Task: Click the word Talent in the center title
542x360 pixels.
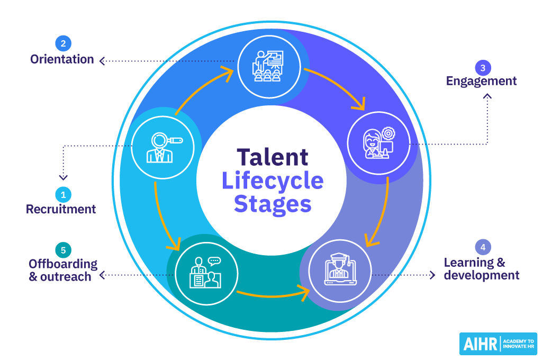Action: pyautogui.click(x=273, y=157)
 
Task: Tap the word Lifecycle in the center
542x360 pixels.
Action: pyautogui.click(x=273, y=181)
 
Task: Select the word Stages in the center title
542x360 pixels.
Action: pyautogui.click(x=273, y=203)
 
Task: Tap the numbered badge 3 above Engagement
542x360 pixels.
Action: pyautogui.click(x=483, y=68)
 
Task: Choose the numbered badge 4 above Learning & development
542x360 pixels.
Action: pyautogui.click(x=482, y=247)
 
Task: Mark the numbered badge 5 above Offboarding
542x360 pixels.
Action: pyautogui.click(x=63, y=249)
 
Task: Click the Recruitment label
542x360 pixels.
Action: pyautogui.click(x=61, y=209)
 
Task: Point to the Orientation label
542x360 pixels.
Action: pyautogui.click(x=62, y=59)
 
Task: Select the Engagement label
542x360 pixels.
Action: pyautogui.click(x=481, y=81)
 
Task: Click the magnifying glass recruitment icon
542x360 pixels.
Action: pyautogui.click(x=164, y=147)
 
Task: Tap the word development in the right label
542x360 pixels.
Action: pyautogui.click(x=482, y=275)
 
